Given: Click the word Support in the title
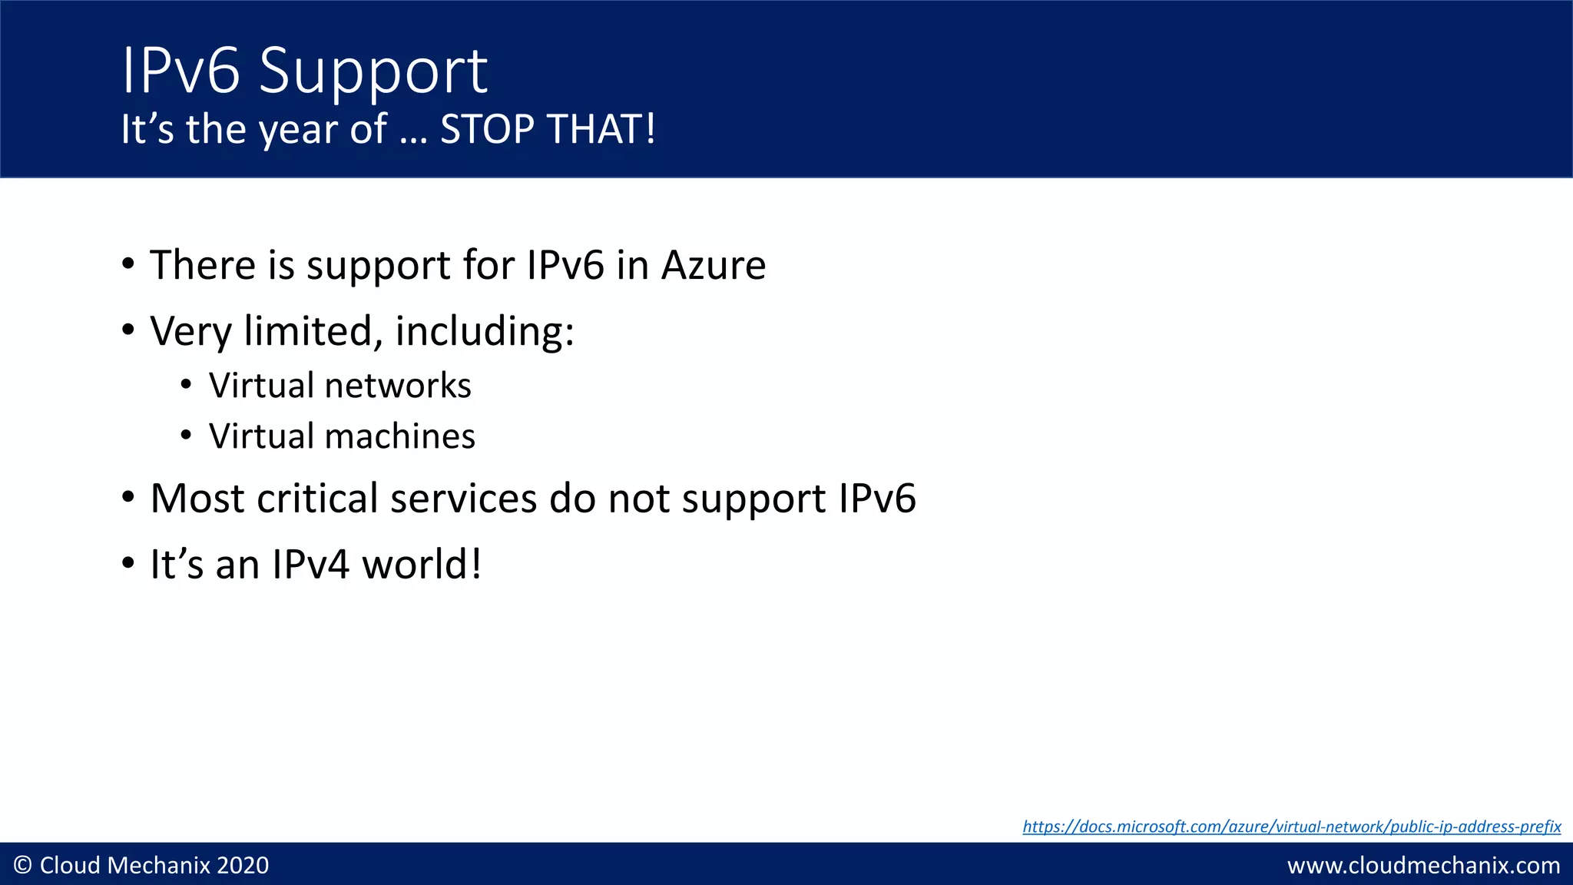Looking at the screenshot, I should pos(373,71).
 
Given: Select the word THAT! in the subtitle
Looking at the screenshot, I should pos(601,129).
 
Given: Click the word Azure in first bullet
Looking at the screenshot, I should pos(714,265).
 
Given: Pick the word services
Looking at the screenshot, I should pos(463,499).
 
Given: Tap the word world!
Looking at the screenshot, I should pos(422,565).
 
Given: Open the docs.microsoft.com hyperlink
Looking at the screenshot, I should pos(1291,827).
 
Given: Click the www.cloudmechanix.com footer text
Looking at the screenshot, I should pos(1423,866).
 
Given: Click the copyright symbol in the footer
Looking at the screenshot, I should pos(23,866).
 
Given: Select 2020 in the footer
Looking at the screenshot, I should pos(243,866).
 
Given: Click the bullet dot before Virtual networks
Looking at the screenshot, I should pos(186,385).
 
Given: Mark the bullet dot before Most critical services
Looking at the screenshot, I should pos(128,497).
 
